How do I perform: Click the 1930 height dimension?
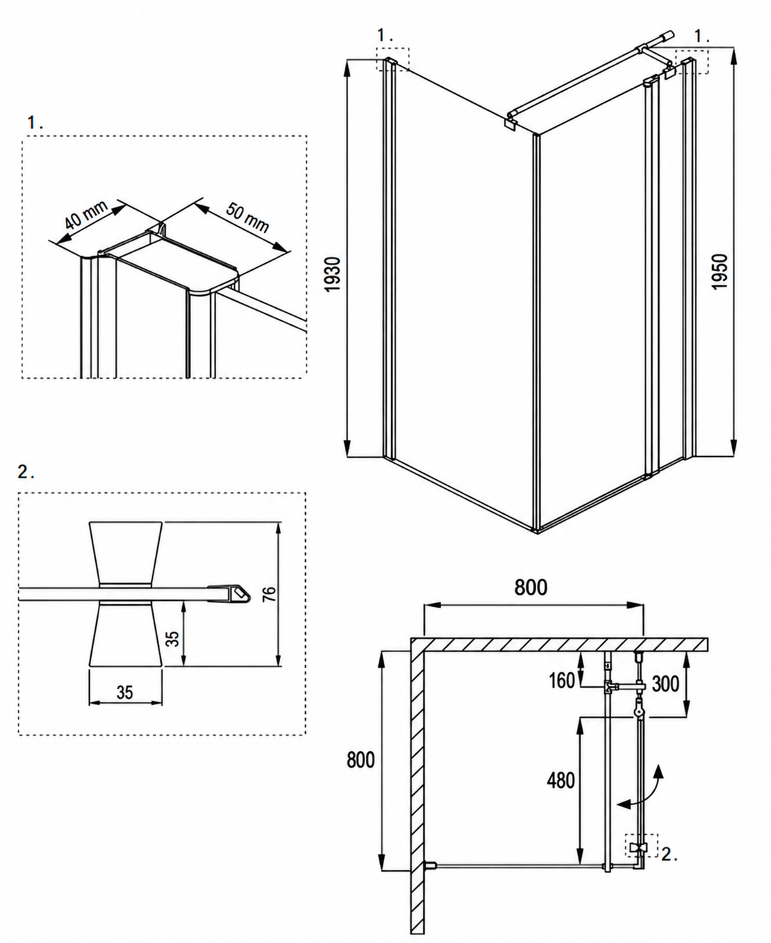(x=332, y=275)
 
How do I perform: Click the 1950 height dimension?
(x=721, y=272)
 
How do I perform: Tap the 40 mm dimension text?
(x=86, y=214)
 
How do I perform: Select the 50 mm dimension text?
(x=247, y=218)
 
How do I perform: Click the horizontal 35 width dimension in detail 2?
(x=125, y=693)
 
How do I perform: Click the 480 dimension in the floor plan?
(x=561, y=781)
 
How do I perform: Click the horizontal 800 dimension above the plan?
(x=531, y=587)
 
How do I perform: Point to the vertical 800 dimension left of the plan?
(x=360, y=759)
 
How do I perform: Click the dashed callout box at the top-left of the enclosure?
(x=392, y=58)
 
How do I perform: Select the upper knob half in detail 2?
(x=126, y=552)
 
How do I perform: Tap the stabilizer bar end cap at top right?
(x=667, y=36)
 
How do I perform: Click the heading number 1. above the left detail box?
(x=35, y=122)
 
